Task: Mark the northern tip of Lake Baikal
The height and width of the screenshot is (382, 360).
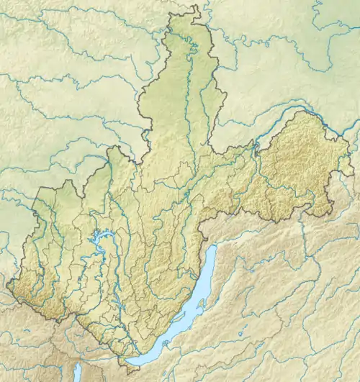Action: (214, 247)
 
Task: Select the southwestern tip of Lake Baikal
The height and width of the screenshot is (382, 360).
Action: (128, 360)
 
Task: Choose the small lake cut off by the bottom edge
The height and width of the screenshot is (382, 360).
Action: (76, 373)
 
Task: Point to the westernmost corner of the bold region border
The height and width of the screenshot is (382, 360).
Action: (8, 287)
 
